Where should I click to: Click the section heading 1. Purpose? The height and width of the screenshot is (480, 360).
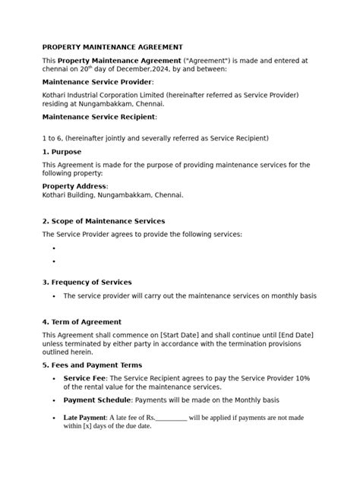(x=63, y=151)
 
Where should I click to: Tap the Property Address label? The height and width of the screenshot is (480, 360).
(x=74, y=185)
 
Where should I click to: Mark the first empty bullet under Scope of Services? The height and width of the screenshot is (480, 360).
(x=55, y=248)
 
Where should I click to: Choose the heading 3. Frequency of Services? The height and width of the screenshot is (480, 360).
(x=87, y=283)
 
